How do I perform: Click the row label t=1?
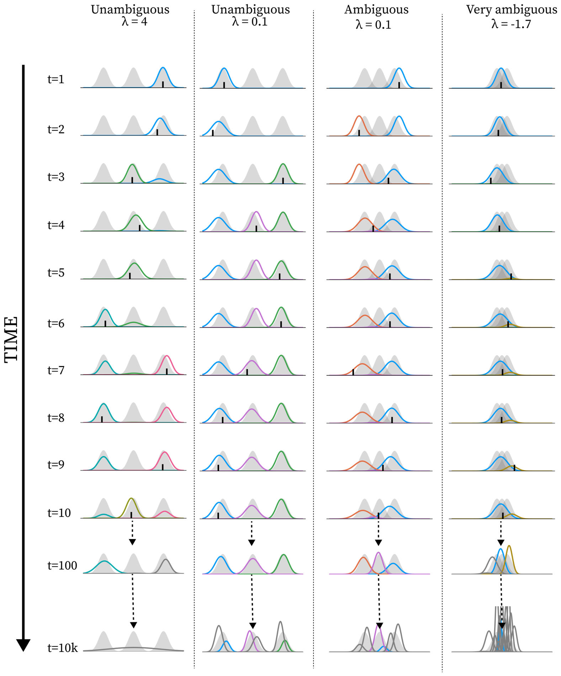click(56, 79)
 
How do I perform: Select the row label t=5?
click(56, 273)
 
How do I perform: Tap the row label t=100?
click(62, 565)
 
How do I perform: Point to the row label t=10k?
click(63, 648)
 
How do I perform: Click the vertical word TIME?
click(11, 340)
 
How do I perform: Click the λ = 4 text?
click(134, 22)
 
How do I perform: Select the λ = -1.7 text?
click(511, 24)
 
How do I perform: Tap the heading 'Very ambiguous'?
click(512, 10)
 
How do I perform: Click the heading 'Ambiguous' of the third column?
click(376, 10)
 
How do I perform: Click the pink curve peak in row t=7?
click(166, 356)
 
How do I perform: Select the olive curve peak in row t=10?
click(131, 499)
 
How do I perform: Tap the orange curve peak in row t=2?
click(359, 116)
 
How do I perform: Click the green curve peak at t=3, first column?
click(132, 165)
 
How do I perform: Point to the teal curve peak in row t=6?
click(105, 310)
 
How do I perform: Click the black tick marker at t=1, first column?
click(163, 84)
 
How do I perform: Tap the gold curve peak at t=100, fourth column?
click(509, 546)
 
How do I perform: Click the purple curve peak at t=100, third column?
click(379, 553)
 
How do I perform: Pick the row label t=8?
click(56, 418)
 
